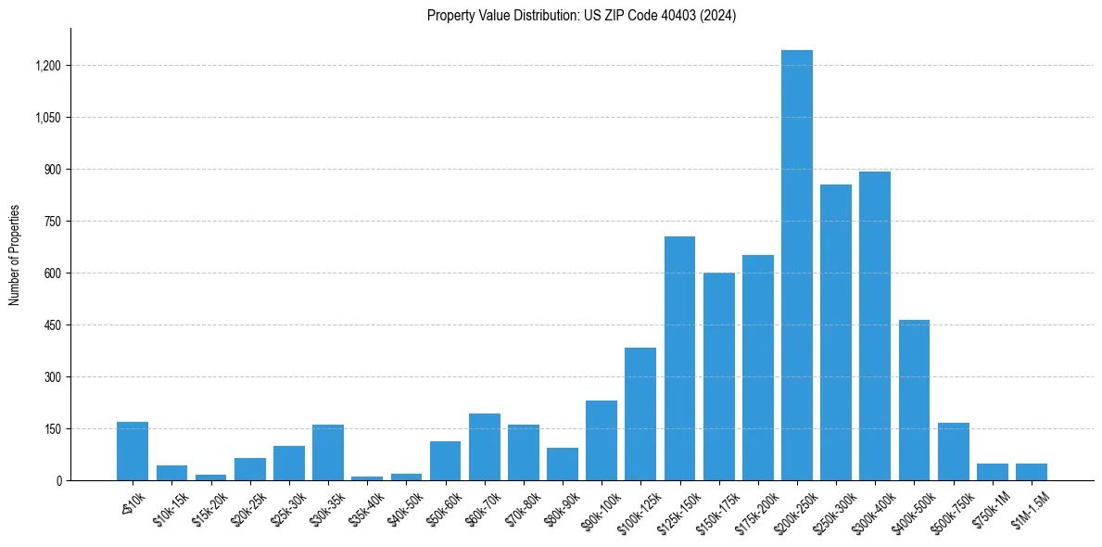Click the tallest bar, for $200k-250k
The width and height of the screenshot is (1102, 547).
(x=796, y=265)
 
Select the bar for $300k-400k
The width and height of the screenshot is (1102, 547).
(x=875, y=326)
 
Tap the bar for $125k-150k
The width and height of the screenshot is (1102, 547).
(x=679, y=359)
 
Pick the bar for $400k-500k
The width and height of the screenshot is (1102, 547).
(x=914, y=401)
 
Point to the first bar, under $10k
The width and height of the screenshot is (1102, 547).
(x=133, y=452)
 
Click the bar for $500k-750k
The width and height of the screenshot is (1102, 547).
(x=953, y=452)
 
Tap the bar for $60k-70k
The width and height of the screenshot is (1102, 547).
(x=484, y=447)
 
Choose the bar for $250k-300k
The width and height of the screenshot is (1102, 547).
(x=836, y=333)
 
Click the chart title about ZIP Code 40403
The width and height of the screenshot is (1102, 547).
(x=581, y=16)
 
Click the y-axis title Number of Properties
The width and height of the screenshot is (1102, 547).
(x=15, y=255)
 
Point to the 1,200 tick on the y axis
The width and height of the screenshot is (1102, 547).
(x=47, y=66)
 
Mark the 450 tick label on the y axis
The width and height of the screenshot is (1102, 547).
(x=52, y=325)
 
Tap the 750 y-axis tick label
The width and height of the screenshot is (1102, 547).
(x=52, y=222)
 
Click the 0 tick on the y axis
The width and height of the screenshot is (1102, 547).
(x=58, y=481)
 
